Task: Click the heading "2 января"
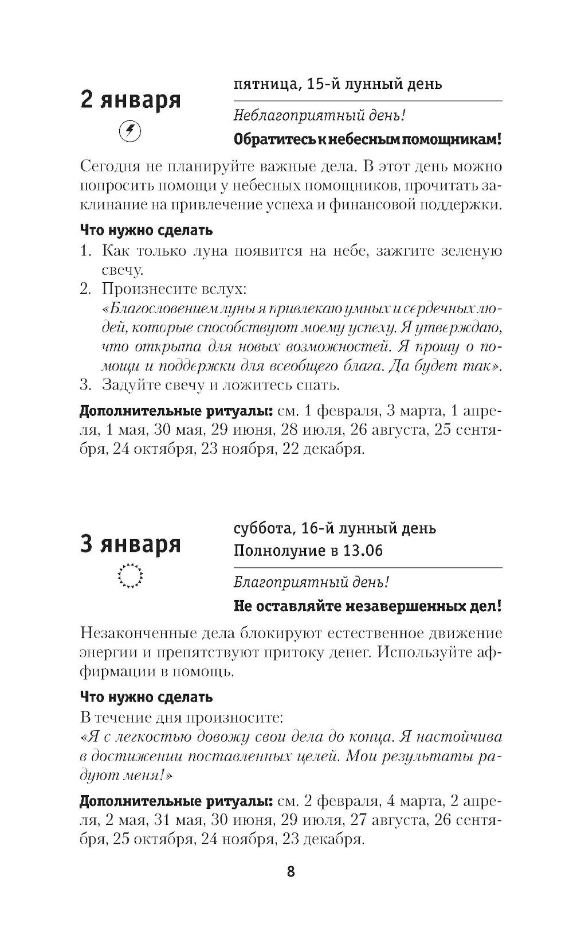[x=131, y=100]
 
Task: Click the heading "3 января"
[x=131, y=544]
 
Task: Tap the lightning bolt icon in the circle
[x=130, y=131]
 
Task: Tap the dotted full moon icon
[x=130, y=575]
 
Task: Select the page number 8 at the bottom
[x=291, y=872]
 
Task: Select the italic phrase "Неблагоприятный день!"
[x=320, y=115]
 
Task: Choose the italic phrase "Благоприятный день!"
[x=312, y=582]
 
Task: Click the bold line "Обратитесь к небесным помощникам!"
[x=368, y=139]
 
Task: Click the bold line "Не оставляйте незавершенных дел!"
[x=368, y=606]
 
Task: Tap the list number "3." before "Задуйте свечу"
[x=85, y=384]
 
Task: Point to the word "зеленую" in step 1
[x=474, y=251]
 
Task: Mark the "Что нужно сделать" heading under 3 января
[x=146, y=697]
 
